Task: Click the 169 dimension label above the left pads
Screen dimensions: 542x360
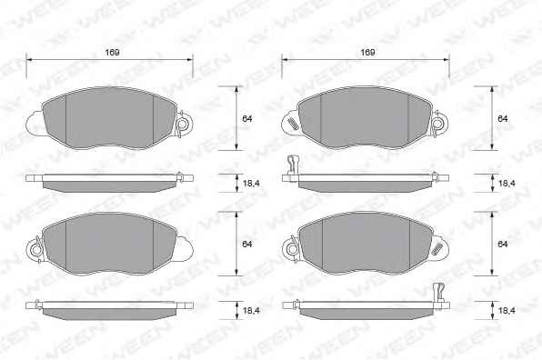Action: tap(113, 53)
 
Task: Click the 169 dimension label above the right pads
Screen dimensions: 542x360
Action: tap(367, 53)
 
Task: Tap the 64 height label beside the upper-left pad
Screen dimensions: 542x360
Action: tap(247, 119)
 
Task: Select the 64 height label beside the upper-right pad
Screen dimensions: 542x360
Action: tap(503, 119)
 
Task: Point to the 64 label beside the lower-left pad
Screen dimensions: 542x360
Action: tap(247, 245)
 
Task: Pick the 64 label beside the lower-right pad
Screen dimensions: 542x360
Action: tap(503, 245)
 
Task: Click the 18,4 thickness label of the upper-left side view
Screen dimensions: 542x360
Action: tap(251, 184)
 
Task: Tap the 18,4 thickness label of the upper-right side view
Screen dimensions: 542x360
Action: tap(507, 184)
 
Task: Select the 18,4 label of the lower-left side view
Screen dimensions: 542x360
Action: tap(251, 311)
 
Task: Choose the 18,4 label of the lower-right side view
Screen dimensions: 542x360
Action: tap(507, 311)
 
